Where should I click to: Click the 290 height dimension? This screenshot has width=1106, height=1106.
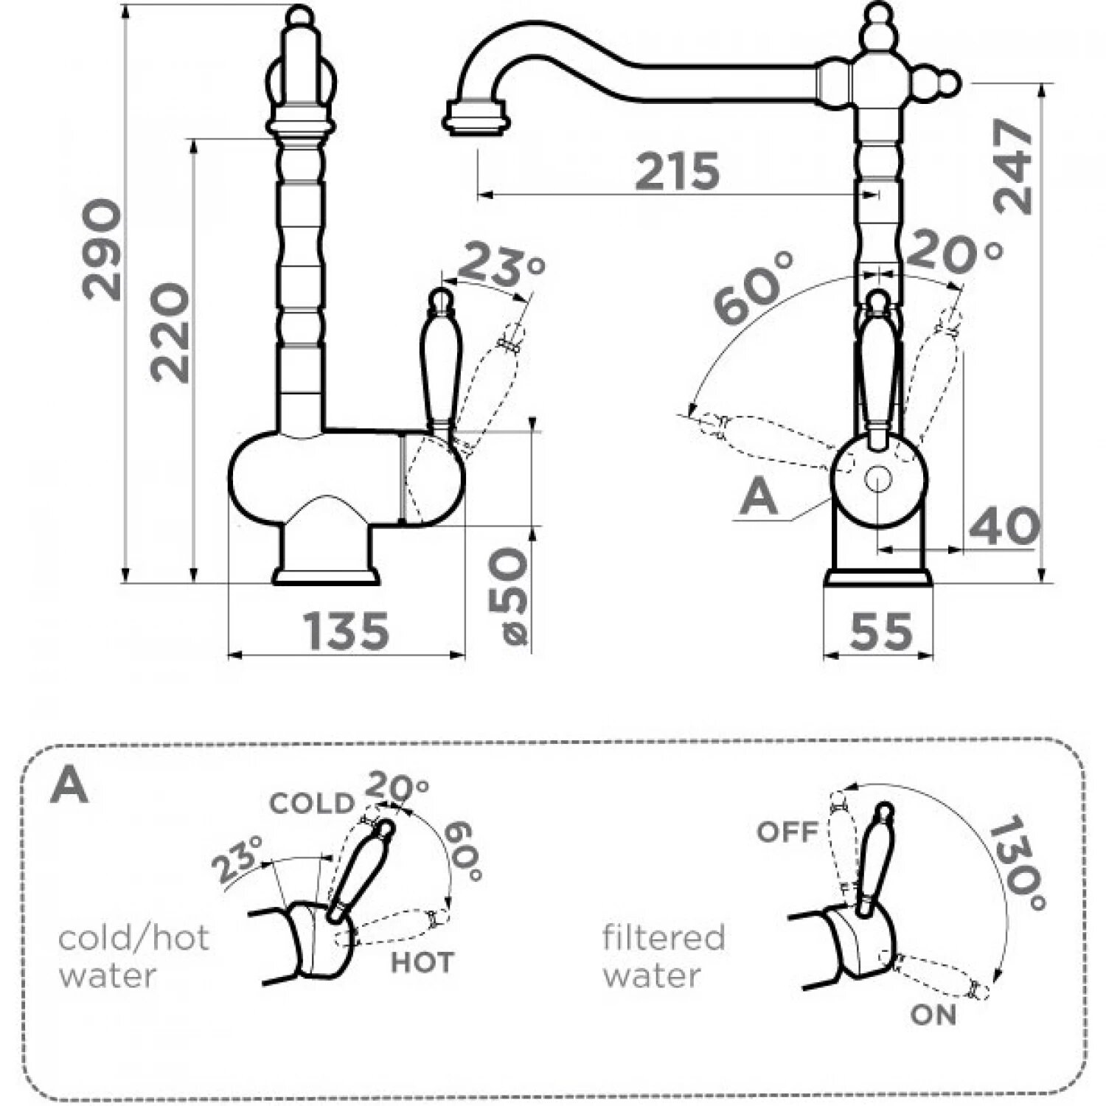pyautogui.click(x=101, y=249)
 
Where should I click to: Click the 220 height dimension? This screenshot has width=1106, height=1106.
pyautogui.click(x=170, y=332)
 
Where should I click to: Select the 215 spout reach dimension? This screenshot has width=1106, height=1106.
pyautogui.click(x=677, y=172)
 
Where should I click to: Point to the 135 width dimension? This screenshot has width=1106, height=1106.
pyautogui.click(x=346, y=631)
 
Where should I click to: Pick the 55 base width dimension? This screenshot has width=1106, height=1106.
pyautogui.click(x=880, y=631)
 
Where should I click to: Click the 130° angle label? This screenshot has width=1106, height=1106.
pyautogui.click(x=1016, y=863)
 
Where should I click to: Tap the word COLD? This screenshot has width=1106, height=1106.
pyautogui.click(x=312, y=803)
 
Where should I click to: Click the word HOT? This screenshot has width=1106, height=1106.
pyautogui.click(x=422, y=962)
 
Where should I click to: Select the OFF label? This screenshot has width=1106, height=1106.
pyautogui.click(x=787, y=832)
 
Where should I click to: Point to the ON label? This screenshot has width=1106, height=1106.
pyautogui.click(x=933, y=1015)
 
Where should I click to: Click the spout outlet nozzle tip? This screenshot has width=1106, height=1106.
pyautogui.click(x=476, y=118)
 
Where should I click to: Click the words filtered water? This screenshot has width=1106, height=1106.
pyautogui.click(x=664, y=956)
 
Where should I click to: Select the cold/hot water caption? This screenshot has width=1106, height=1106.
pyautogui.click(x=133, y=956)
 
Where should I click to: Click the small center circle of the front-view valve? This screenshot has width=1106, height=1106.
pyautogui.click(x=877, y=479)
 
